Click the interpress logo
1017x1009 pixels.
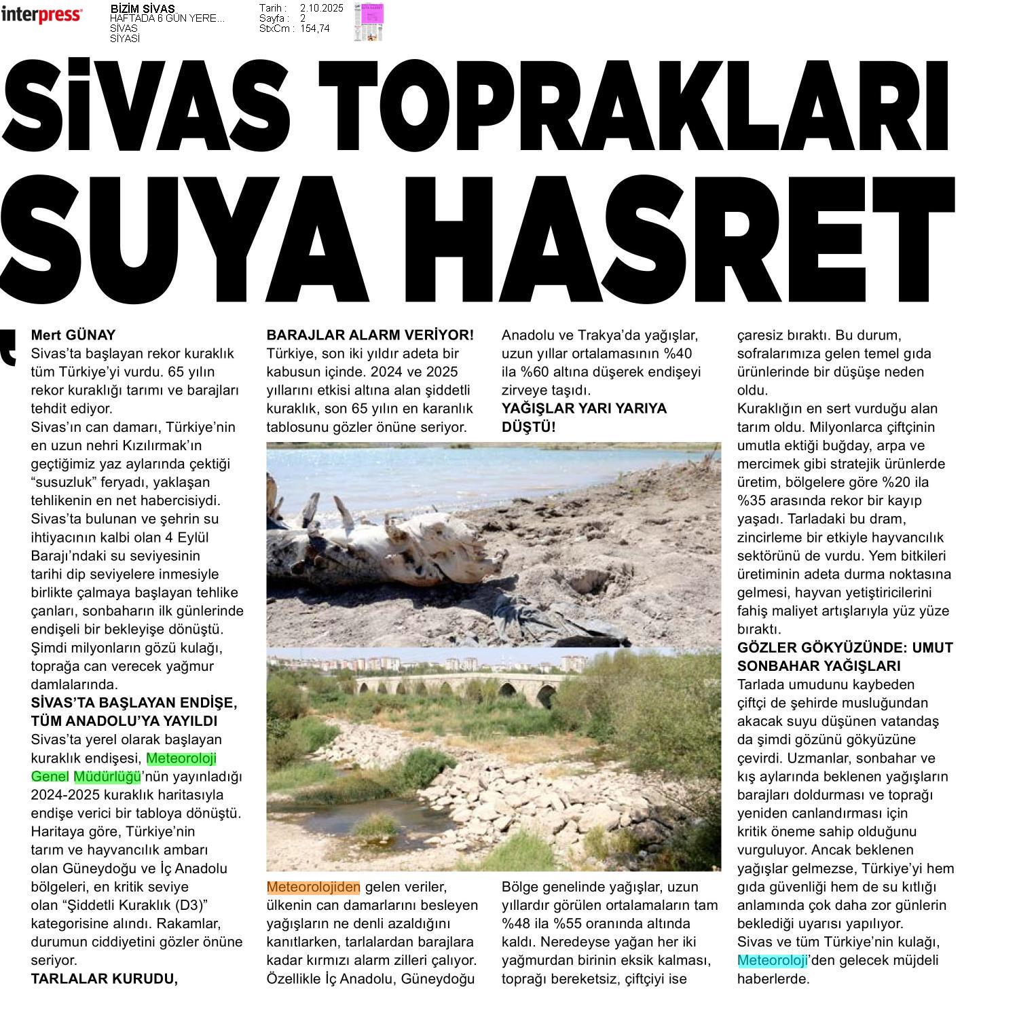[x=41, y=15]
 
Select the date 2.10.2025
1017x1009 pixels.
[x=321, y=8]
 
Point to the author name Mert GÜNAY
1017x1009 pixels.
[x=73, y=335]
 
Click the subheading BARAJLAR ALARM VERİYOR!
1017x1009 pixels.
[x=370, y=335]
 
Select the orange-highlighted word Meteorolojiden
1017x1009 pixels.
[x=313, y=887]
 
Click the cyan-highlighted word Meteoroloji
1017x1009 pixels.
[x=772, y=960]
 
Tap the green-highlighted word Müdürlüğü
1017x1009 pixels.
[x=107, y=776]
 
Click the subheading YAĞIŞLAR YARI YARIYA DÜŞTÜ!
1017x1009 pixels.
[x=583, y=418]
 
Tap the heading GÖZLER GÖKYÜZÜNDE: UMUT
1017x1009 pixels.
[x=845, y=647]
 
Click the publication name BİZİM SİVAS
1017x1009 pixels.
[x=142, y=9]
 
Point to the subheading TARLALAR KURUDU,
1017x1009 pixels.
[x=105, y=978]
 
